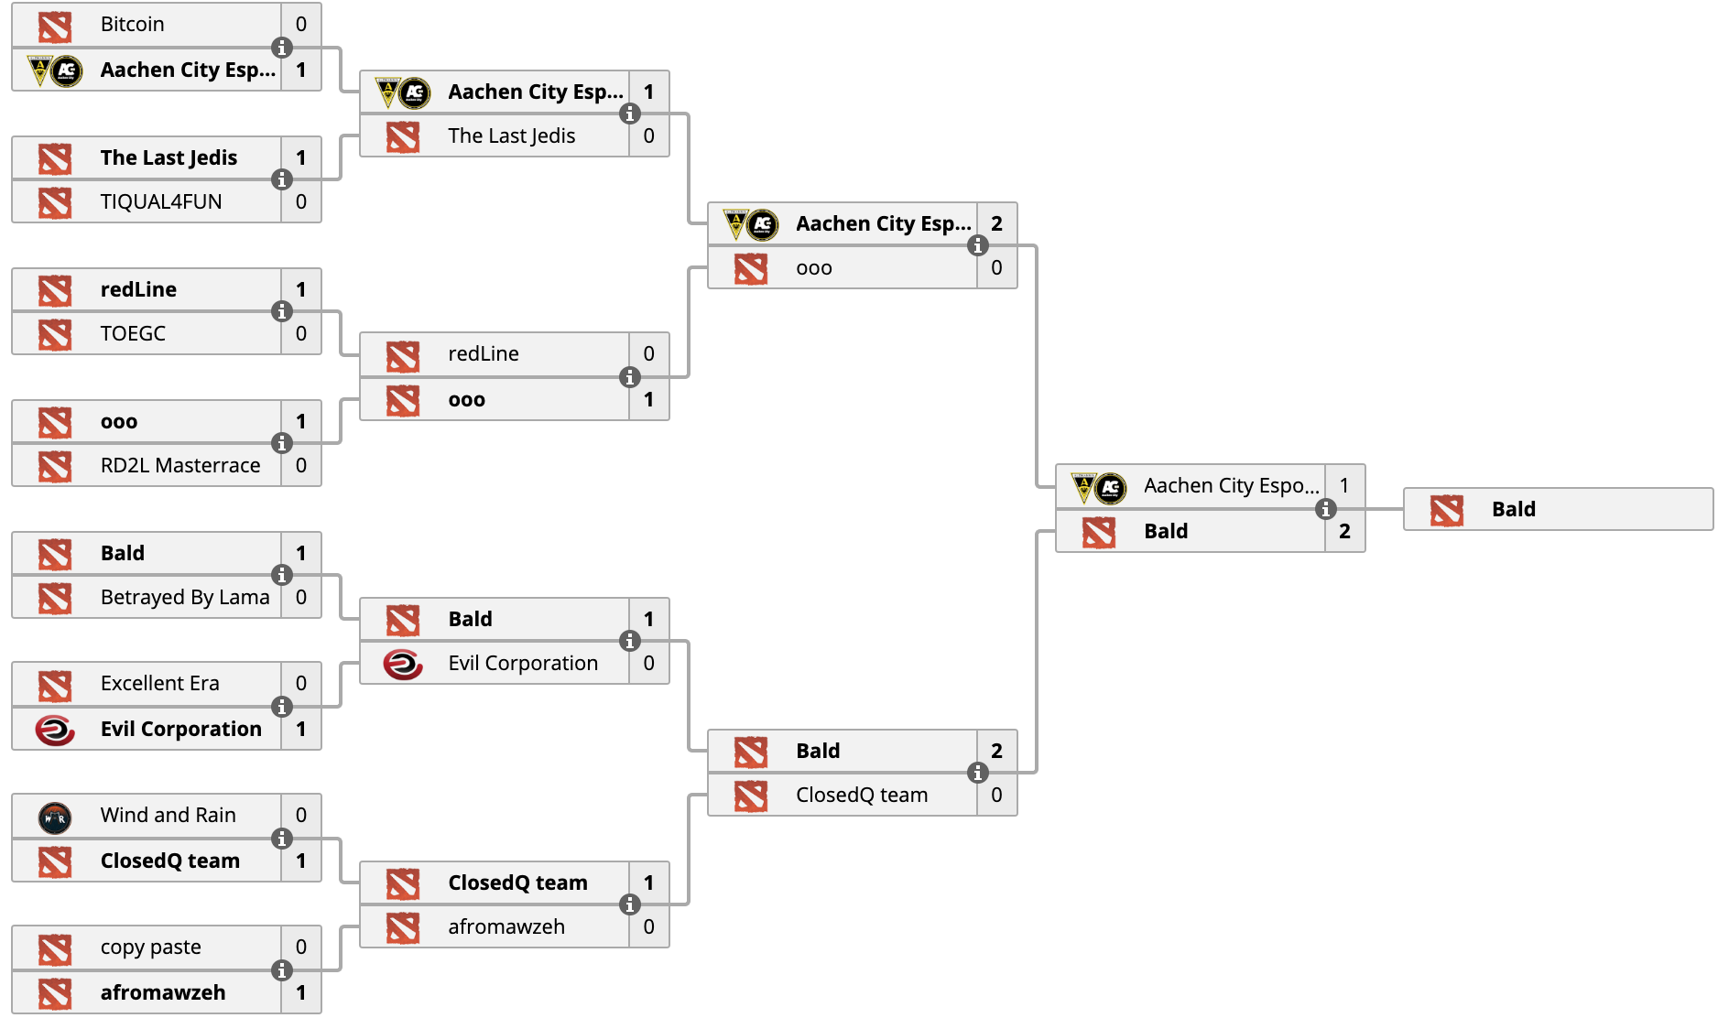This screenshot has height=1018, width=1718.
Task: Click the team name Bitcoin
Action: (x=132, y=25)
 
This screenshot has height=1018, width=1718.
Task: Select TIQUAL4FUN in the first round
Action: (x=161, y=202)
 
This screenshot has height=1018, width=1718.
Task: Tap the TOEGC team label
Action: (x=133, y=334)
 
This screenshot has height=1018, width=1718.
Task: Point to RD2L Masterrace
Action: (x=180, y=466)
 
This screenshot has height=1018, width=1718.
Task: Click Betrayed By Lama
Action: (x=185, y=598)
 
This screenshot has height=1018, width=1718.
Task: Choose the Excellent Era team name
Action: (x=160, y=684)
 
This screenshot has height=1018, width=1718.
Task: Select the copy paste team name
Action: (x=151, y=948)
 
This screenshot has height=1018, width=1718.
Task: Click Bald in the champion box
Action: (x=1514, y=510)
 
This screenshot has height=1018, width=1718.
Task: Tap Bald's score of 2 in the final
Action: (x=1344, y=532)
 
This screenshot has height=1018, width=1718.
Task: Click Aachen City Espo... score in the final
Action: (x=1344, y=486)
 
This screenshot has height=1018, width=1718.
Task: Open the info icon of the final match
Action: (x=1325, y=509)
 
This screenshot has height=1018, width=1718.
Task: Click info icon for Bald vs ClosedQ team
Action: (x=977, y=773)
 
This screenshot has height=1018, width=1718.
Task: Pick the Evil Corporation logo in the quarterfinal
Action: (x=403, y=664)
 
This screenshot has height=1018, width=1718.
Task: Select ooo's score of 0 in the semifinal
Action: (x=996, y=268)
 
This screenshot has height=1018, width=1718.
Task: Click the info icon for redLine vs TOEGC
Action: (x=281, y=311)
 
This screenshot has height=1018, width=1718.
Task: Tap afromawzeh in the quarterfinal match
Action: (x=506, y=927)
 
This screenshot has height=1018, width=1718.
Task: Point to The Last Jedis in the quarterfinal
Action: (x=512, y=136)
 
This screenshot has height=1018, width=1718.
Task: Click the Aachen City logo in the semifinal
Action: (x=751, y=224)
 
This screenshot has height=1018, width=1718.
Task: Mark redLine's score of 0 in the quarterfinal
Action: (x=648, y=354)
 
